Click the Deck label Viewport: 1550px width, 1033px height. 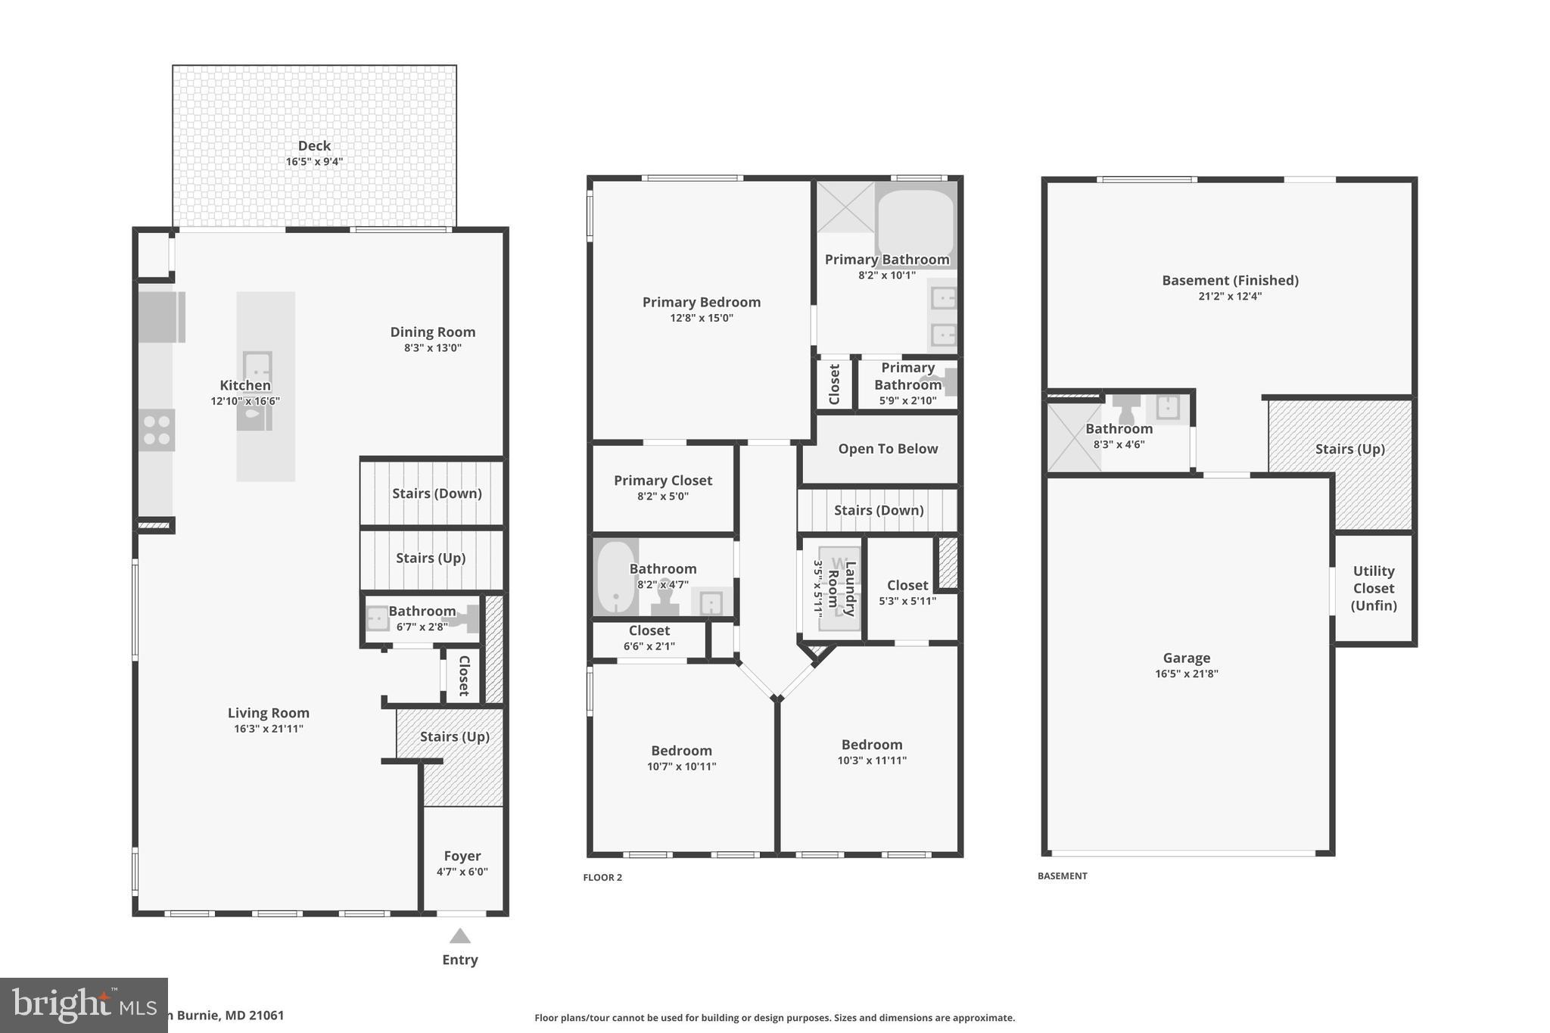pos(314,146)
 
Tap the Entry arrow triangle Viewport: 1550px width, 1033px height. pos(460,937)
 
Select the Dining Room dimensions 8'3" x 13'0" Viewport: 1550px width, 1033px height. pos(432,348)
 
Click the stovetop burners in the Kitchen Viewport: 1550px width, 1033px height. pos(157,431)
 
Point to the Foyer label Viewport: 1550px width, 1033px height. pos(462,856)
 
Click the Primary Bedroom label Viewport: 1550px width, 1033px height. pos(701,302)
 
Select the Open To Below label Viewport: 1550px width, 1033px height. pos(888,449)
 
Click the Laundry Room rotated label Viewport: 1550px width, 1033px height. pos(842,589)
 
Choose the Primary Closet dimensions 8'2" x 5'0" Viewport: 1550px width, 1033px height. pos(662,496)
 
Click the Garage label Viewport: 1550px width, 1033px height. pos(1186,658)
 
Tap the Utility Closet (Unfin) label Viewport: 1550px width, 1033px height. pos(1374,588)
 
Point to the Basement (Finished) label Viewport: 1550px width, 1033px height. pos(1230,281)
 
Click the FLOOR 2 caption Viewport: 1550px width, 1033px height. pos(602,878)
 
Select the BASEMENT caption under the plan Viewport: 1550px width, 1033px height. pos(1062,876)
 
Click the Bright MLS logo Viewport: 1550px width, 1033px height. pos(83,1005)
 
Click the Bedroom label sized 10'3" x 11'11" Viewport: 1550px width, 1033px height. pos(872,745)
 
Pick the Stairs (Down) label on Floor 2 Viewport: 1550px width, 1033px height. pos(879,510)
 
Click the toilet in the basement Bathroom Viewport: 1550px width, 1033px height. pos(1125,411)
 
